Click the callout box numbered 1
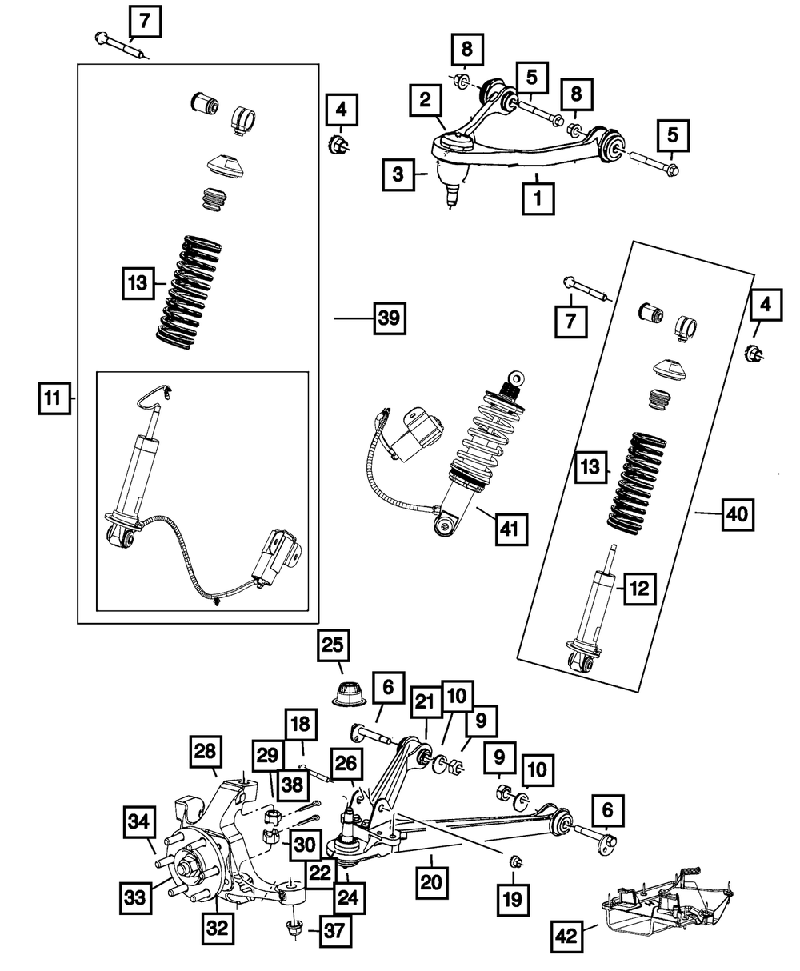[x=538, y=198]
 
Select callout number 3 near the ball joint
[x=398, y=174]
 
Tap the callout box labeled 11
[x=52, y=398]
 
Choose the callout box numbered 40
[x=738, y=513]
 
